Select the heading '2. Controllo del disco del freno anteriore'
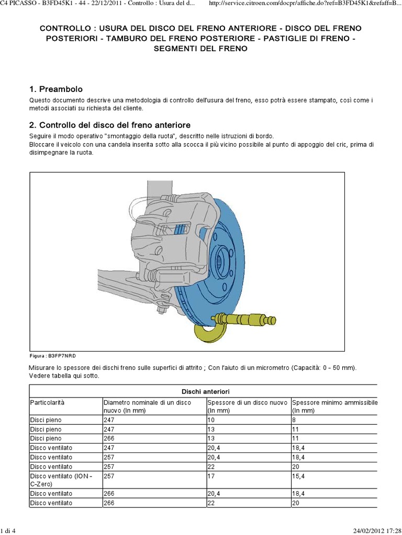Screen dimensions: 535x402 pyautogui.click(x=109, y=125)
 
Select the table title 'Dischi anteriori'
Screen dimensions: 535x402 pyautogui.click(x=202, y=391)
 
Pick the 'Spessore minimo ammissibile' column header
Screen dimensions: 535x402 pyautogui.click(x=334, y=402)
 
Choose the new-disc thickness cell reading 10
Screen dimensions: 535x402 pyautogui.click(x=211, y=419)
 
